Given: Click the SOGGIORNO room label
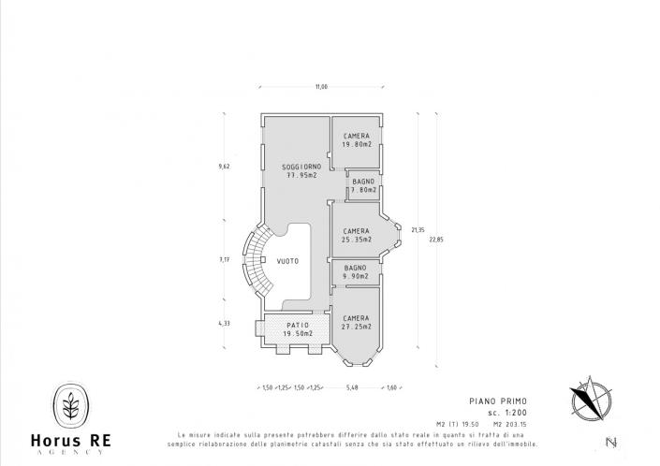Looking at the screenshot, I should [x=301, y=166].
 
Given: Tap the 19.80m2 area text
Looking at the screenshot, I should [x=357, y=145].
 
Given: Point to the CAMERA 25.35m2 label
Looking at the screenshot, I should [x=357, y=235].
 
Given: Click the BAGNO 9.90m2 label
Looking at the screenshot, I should [x=357, y=272].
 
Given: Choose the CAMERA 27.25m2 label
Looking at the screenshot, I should [x=357, y=323].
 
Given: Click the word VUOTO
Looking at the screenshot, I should [x=288, y=261].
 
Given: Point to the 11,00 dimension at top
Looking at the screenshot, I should [x=321, y=87].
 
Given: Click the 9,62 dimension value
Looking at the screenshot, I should [x=224, y=166].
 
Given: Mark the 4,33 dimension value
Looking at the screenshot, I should [x=224, y=324].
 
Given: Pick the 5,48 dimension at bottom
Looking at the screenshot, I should [x=352, y=386].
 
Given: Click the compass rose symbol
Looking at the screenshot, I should [x=591, y=400].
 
